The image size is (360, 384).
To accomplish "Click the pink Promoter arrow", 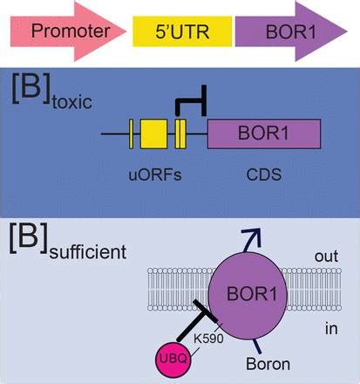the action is [68, 31].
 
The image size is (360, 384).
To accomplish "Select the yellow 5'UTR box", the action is [182, 31].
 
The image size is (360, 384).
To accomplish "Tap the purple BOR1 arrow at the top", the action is [291, 31].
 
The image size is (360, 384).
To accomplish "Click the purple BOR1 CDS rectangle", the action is [264, 134].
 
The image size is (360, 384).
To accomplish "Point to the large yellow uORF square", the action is [153, 134].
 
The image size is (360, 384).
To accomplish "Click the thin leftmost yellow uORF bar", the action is [131, 134].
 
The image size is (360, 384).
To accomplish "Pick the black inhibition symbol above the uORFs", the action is [191, 100].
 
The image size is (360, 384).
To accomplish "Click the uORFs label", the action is [155, 175].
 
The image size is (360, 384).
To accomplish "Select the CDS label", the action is [264, 175].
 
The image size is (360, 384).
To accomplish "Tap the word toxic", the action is [72, 102].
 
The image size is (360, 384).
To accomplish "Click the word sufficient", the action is [88, 252].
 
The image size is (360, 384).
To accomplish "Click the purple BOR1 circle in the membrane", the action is [248, 296].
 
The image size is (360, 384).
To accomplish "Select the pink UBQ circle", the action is [173, 360].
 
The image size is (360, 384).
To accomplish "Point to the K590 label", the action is [208, 339].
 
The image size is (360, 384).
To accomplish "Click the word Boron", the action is [268, 364].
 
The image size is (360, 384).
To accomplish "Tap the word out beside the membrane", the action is [326, 257].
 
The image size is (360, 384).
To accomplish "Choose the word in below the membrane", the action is [331, 329].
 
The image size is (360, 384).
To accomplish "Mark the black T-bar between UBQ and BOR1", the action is [198, 320].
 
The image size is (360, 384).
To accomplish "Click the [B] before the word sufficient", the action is [28, 238].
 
